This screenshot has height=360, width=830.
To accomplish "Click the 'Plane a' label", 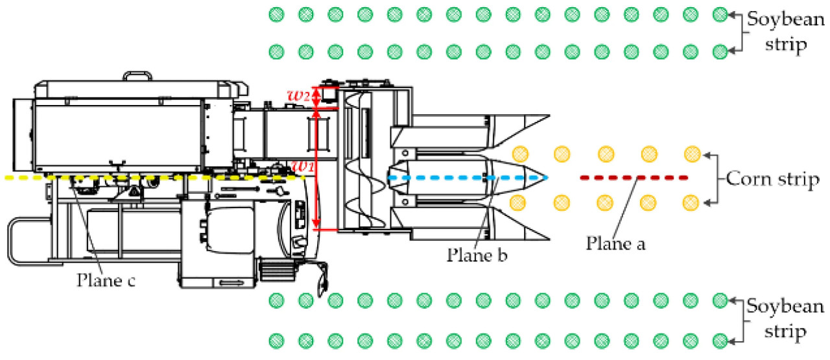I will tap(616, 243).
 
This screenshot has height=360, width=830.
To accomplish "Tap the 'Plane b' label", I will tap(476, 254).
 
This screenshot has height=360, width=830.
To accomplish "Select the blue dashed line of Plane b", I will tap(467, 177).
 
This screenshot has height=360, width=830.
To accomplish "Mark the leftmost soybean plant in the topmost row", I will tap(277, 14).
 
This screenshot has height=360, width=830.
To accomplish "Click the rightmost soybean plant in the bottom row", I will tap(719, 339).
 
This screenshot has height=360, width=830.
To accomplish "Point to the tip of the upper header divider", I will tap(548, 115).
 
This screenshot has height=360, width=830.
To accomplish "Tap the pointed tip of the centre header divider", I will tap(548, 177).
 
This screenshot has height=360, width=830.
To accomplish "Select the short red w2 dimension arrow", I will tap(316, 98).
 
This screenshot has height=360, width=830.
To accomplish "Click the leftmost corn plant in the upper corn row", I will tap(519, 154).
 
